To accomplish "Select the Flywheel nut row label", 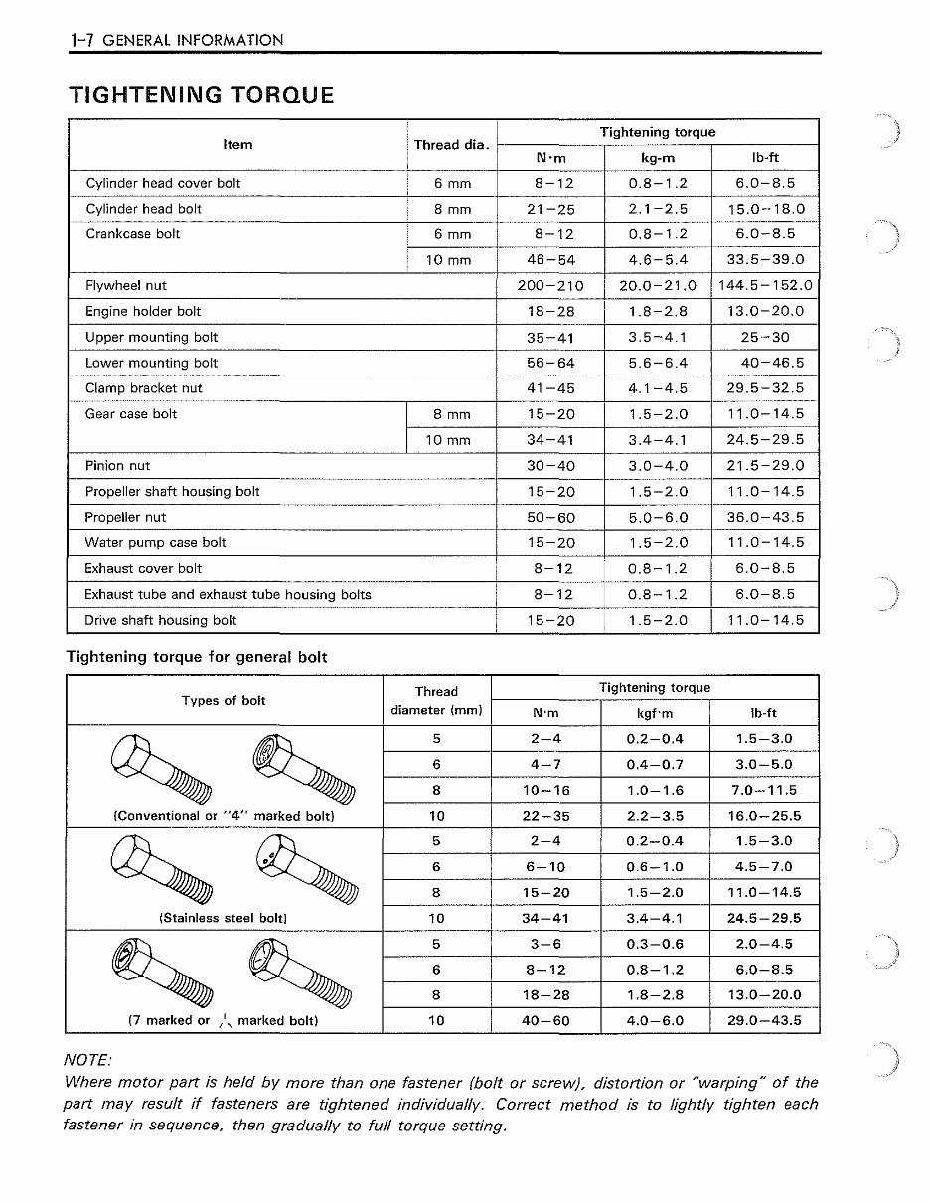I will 125,286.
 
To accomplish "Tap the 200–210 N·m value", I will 549,286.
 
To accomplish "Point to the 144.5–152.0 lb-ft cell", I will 765,286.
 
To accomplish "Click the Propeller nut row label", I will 125,518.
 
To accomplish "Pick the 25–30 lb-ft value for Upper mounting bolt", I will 765,338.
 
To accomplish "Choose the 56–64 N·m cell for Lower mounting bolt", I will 549,364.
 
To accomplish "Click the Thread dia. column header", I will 451,145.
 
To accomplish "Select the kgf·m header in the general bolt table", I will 655,714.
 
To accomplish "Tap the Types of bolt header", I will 224,701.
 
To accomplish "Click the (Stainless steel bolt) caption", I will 224,919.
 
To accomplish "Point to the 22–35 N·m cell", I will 546,817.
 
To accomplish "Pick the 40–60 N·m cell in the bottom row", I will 546,1021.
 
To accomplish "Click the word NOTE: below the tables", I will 87,1061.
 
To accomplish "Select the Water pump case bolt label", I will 155,543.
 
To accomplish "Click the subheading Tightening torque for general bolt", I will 196,657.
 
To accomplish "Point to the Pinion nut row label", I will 117,466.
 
